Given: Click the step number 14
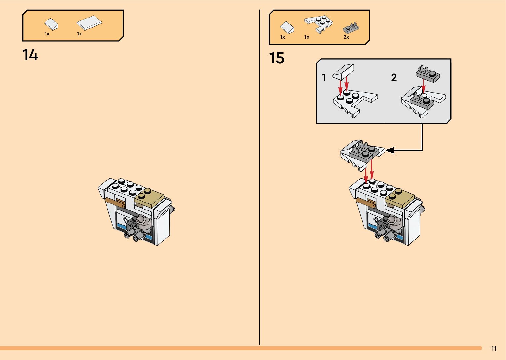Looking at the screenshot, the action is click(30, 55).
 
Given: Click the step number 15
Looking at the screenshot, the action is click(277, 58).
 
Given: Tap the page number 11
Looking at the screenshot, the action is click(494, 349).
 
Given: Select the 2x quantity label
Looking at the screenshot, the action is click(346, 37).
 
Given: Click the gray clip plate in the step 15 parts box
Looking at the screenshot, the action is click(351, 28).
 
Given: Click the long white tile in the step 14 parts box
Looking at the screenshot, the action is click(89, 22).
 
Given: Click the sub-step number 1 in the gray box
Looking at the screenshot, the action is click(324, 77).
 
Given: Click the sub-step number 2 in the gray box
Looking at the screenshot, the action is click(394, 77).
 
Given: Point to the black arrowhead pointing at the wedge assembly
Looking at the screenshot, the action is click(390, 150).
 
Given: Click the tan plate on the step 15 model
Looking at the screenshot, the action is click(400, 198).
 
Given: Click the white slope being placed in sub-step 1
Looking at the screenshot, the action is click(343, 72).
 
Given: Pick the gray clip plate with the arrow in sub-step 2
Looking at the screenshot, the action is click(428, 74).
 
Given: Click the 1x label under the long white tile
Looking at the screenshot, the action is click(79, 34).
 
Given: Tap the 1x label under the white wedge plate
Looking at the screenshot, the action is click(307, 37).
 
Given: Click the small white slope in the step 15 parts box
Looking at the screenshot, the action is click(287, 28).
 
